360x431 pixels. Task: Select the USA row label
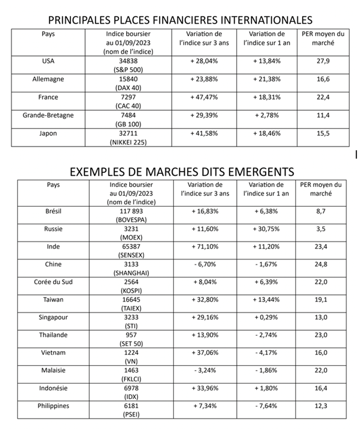(46, 61)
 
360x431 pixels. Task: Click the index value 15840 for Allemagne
(135, 79)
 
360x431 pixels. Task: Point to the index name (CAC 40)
(135, 106)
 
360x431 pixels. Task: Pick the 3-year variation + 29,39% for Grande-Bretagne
(204, 115)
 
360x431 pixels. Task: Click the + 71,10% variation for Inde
(204, 247)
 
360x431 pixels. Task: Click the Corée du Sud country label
(53, 282)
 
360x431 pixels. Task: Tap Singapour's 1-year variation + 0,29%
(266, 317)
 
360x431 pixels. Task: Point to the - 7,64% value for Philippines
(266, 406)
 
